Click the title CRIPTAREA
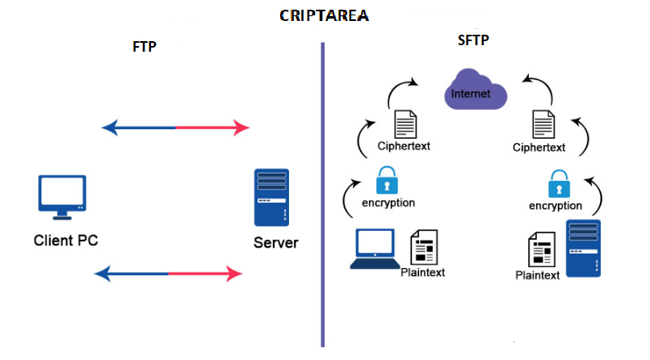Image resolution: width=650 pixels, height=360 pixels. coord(324,16)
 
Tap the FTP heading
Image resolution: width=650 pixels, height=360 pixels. coord(145,46)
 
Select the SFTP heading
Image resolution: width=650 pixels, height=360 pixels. coord(473,40)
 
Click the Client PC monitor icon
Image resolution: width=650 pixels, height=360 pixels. coord(62,197)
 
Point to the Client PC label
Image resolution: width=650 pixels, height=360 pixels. coord(66,241)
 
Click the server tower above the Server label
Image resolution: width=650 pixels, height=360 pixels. coord(271,197)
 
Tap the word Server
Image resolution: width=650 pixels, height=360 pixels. coord(275,243)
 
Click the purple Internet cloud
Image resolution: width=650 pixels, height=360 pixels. coord(475,90)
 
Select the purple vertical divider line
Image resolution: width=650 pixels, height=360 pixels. coord(322,195)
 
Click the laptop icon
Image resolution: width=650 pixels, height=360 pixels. coord(375,249)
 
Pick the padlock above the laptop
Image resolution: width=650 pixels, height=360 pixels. coord(387,180)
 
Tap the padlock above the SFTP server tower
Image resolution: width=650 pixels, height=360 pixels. coord(560,183)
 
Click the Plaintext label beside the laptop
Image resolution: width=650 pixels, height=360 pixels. coord(422,273)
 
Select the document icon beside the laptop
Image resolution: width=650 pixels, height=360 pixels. coord(424,247)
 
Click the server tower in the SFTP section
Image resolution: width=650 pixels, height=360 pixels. coord(583,248)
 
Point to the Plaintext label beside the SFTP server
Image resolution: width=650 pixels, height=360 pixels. coord(537,275)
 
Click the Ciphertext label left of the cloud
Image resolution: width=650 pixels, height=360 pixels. coord(404,146)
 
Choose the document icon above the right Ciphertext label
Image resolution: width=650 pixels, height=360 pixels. coord(543,124)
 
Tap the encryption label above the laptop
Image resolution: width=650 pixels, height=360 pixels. coord(388,203)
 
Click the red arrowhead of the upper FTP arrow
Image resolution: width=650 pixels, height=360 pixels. coord(241,128)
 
